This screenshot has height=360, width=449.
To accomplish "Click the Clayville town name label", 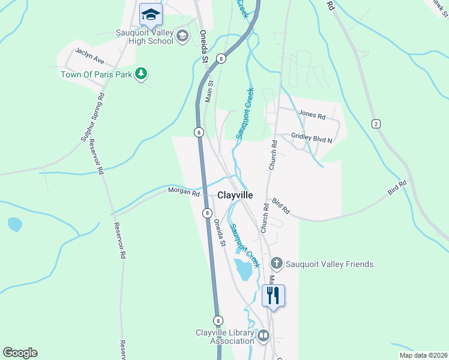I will (x=235, y=196).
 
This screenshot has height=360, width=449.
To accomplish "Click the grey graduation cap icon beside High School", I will (x=182, y=37).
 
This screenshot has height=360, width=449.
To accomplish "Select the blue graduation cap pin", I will (x=151, y=14).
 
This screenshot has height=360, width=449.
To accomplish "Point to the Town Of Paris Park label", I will (x=97, y=74).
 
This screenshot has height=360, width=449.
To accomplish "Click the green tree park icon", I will (x=141, y=74).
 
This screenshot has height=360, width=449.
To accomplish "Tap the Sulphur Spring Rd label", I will (x=92, y=118).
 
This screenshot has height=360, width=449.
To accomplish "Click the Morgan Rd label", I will (x=183, y=193).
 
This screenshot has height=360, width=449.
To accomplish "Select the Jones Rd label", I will (x=312, y=115).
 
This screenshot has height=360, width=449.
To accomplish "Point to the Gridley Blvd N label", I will (x=312, y=139).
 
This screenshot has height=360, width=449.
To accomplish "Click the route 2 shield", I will (x=376, y=124).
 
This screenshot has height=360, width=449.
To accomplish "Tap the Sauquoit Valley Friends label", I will (x=330, y=264).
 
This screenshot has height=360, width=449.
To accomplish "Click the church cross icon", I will (x=276, y=263).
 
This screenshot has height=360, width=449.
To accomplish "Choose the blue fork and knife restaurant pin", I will (x=273, y=295).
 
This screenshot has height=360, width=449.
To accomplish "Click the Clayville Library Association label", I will (x=224, y=337).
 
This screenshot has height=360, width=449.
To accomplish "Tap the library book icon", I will (x=263, y=335).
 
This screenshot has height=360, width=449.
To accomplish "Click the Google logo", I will (x=20, y=353).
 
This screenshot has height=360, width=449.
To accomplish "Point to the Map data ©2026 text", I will (x=423, y=355).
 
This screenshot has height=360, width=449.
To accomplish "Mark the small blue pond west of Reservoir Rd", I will (x=14, y=224).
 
